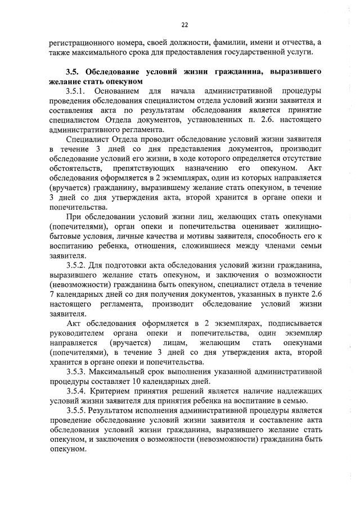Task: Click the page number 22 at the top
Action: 184,25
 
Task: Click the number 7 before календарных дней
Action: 52,295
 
